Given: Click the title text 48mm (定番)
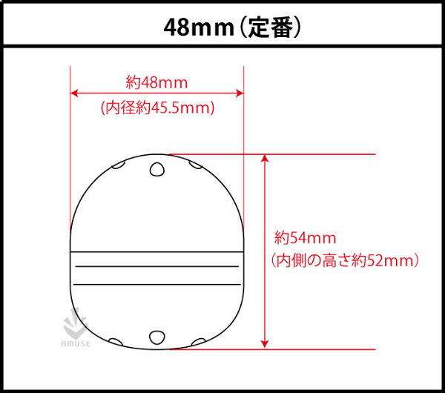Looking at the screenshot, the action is pyautogui.click(x=232, y=27).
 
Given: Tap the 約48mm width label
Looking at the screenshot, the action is pyautogui.click(x=156, y=82).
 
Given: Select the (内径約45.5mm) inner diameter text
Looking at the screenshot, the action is pyautogui.click(x=158, y=108).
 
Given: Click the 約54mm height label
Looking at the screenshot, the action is pyautogui.click(x=305, y=238).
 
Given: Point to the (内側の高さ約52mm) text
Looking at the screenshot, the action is pyautogui.click(x=345, y=260).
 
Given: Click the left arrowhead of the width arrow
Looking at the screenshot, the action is pyautogui.click(x=73, y=93).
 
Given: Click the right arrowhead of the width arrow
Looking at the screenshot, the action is pyautogui.click(x=240, y=93).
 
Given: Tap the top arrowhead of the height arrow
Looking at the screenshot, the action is pyautogui.click(x=265, y=159).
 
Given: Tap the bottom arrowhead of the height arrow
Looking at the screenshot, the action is pyautogui.click(x=265, y=344).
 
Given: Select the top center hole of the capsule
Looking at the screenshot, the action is pyautogui.click(x=157, y=169).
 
